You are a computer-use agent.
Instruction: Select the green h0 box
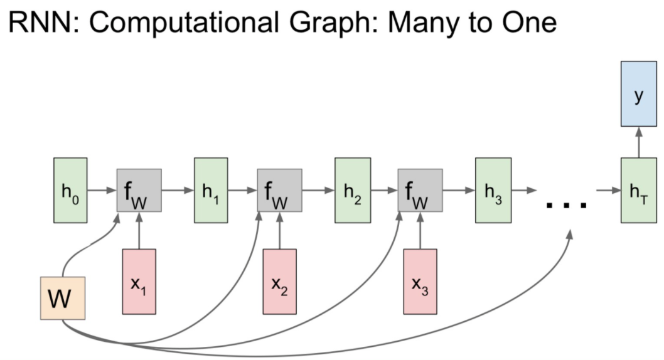(x=70, y=189)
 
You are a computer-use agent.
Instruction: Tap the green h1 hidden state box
(x=211, y=189)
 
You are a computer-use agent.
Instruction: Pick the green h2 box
(x=351, y=189)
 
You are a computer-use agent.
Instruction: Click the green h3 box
(x=492, y=189)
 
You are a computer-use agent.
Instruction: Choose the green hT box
(x=639, y=189)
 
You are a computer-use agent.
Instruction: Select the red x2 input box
(x=279, y=281)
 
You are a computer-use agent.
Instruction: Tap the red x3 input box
(x=420, y=281)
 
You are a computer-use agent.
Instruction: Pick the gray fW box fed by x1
(x=139, y=189)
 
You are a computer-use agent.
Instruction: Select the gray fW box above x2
(x=279, y=189)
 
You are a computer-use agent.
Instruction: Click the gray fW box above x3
(x=420, y=189)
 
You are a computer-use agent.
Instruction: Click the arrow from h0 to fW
(x=102, y=189)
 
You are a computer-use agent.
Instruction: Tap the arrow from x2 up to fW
(x=279, y=231)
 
